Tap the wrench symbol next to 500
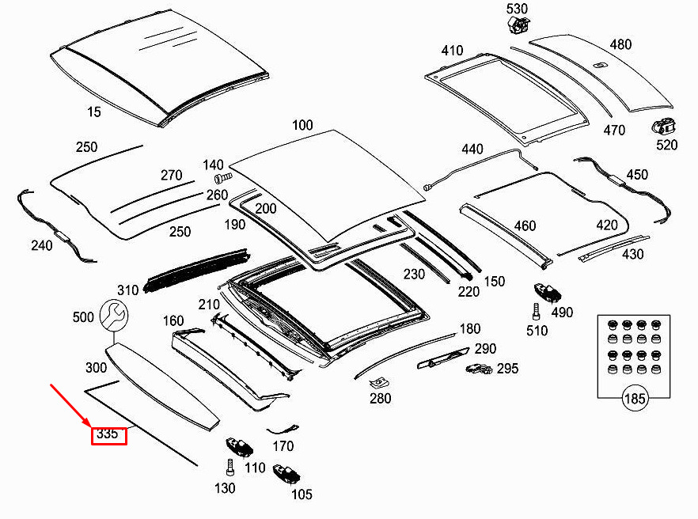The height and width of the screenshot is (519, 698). (113, 316)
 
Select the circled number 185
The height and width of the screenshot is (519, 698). (635, 398)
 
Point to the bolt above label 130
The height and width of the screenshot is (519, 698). (229, 468)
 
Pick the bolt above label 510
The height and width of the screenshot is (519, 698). (536, 309)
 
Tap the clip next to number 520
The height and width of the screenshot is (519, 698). (663, 126)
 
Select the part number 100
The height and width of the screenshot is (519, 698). (302, 125)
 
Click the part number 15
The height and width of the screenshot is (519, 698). (94, 112)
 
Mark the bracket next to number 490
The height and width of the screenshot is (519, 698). (547, 292)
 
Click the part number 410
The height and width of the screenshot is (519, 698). (452, 51)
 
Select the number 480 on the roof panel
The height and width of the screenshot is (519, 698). (620, 44)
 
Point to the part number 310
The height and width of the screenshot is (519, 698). (127, 290)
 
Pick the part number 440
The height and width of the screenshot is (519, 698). (472, 149)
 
